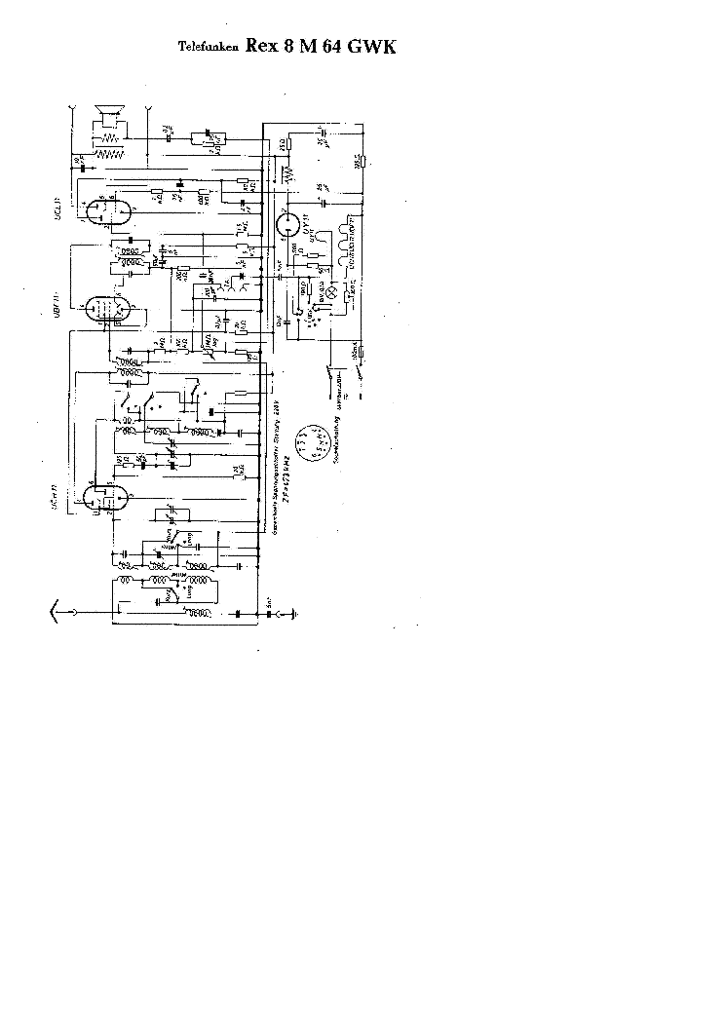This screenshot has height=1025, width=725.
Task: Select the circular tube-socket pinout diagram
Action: tap(311, 444)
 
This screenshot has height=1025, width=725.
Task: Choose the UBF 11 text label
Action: tap(61, 306)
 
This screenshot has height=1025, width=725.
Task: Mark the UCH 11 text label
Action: tap(61, 495)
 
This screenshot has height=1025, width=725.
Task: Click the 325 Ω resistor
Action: tap(360, 162)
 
